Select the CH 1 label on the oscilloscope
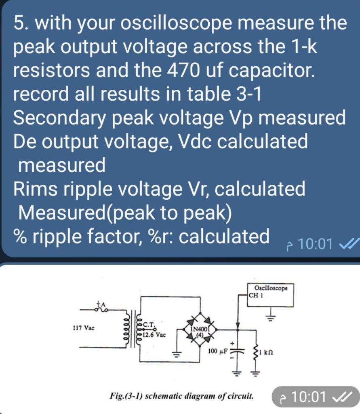coord(256,295)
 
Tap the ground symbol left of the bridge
coord(176,355)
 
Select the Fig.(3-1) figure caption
coord(182,395)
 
